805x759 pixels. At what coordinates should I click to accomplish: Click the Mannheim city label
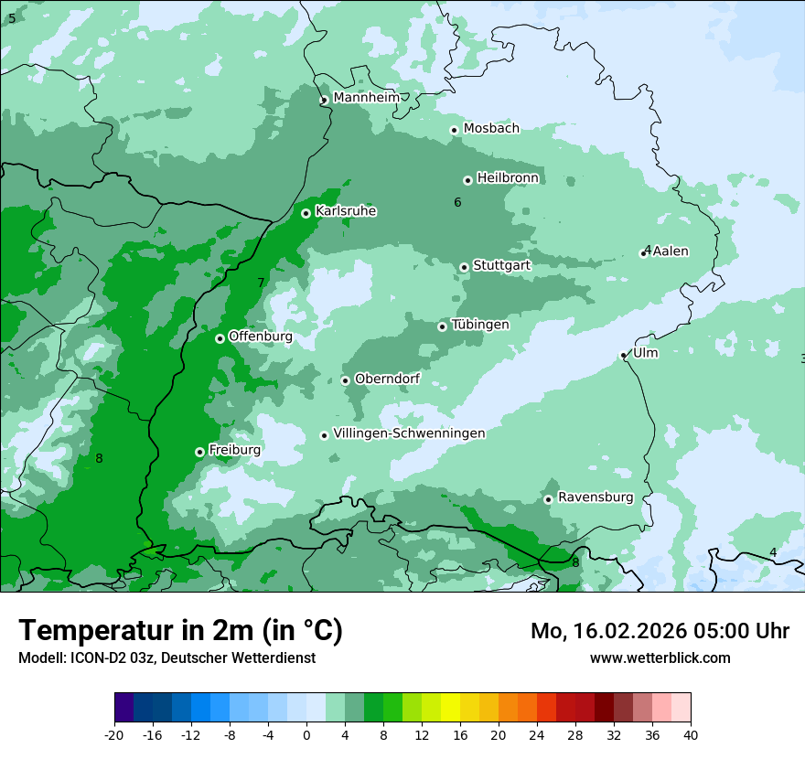click(366, 98)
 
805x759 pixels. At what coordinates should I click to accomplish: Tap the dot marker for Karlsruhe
click(306, 213)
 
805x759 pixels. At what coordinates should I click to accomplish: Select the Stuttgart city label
click(501, 266)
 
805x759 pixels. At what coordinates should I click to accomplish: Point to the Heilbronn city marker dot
click(467, 180)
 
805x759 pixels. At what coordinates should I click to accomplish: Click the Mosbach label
click(491, 129)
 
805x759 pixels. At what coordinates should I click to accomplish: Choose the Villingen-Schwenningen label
click(409, 433)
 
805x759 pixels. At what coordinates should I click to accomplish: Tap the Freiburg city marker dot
click(199, 452)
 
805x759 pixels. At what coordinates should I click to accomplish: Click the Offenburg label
click(260, 337)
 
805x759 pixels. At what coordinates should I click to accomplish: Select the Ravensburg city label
click(596, 497)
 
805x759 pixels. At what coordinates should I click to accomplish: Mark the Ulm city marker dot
click(624, 355)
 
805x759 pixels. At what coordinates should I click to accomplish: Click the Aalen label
click(671, 251)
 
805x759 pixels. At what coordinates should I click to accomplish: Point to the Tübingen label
click(480, 325)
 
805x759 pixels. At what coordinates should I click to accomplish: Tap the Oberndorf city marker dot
click(345, 380)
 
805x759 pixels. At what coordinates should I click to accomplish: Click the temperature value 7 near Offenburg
click(261, 283)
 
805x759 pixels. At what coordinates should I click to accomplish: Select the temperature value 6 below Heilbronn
click(457, 202)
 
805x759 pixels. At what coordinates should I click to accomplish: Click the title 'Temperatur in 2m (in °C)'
click(180, 631)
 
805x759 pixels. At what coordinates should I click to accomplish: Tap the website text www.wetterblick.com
click(660, 658)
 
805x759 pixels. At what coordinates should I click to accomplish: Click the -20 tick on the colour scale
click(114, 734)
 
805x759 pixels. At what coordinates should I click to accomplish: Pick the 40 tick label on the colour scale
click(690, 734)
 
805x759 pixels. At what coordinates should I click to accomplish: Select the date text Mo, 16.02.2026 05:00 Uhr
click(660, 631)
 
